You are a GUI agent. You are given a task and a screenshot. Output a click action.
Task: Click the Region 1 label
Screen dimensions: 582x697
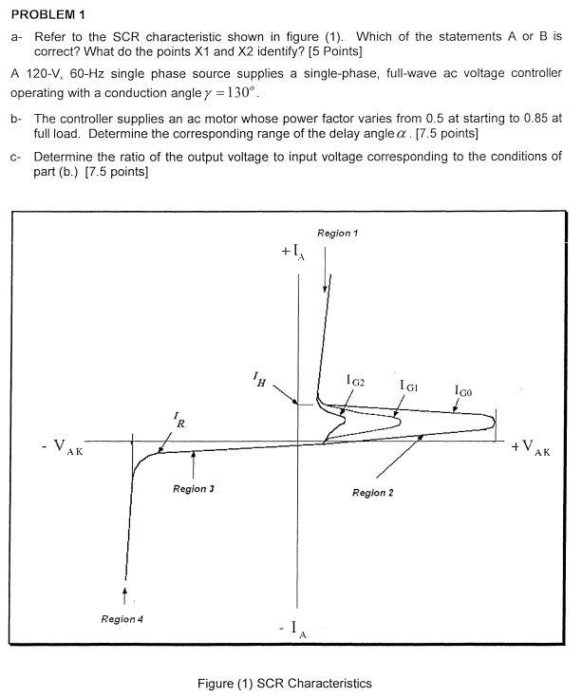(x=336, y=233)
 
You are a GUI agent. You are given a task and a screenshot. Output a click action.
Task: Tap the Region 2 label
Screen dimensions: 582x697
(x=373, y=493)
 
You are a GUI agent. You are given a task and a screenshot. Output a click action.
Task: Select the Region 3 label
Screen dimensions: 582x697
(x=193, y=489)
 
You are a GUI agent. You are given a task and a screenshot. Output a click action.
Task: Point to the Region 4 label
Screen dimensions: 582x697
(x=122, y=619)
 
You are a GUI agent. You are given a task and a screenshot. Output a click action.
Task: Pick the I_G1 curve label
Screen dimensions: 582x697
(x=409, y=385)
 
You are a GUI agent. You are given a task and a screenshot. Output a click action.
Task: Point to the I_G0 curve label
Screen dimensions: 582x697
(x=462, y=389)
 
